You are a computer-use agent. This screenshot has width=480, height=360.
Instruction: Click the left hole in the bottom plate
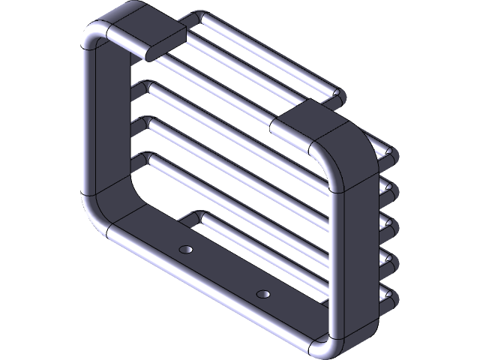[186, 247]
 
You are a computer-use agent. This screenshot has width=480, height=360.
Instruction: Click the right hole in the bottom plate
[262, 293]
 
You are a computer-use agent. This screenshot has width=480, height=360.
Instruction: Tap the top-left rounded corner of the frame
[94, 37]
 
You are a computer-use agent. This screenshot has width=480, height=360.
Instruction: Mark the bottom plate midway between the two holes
[223, 270]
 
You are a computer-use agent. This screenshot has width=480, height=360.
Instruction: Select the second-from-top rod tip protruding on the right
[390, 188]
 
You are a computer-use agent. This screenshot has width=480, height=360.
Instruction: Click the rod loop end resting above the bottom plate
[187, 220]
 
